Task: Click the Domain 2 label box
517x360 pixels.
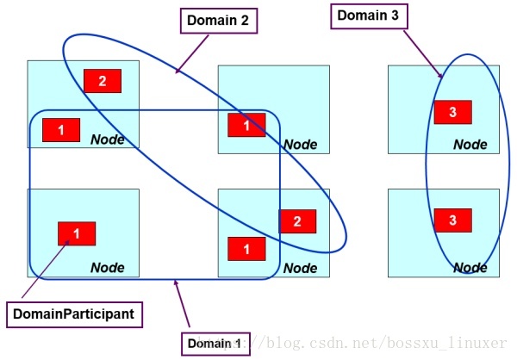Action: [x=221, y=22]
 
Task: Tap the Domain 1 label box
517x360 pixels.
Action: [x=215, y=343]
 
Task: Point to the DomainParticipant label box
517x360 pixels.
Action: [x=73, y=314]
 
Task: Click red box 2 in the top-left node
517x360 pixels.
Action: [x=103, y=81]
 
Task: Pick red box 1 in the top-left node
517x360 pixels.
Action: [x=61, y=130]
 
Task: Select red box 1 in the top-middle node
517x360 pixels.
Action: [x=246, y=125]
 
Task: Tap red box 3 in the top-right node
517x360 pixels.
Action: [x=452, y=112]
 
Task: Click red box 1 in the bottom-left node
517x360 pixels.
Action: [x=76, y=233]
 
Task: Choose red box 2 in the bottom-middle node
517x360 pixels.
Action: [x=297, y=221]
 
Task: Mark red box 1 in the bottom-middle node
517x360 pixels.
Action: [x=246, y=249]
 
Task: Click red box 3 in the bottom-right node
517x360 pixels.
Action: [x=452, y=221]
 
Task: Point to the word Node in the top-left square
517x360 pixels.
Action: [x=108, y=140]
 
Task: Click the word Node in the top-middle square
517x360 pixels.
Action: [x=300, y=145]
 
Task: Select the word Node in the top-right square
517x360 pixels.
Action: [x=470, y=145]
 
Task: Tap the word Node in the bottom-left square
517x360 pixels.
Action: [x=108, y=268]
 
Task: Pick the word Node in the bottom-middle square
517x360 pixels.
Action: [x=300, y=268]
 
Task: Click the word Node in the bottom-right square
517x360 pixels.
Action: [x=470, y=268]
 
